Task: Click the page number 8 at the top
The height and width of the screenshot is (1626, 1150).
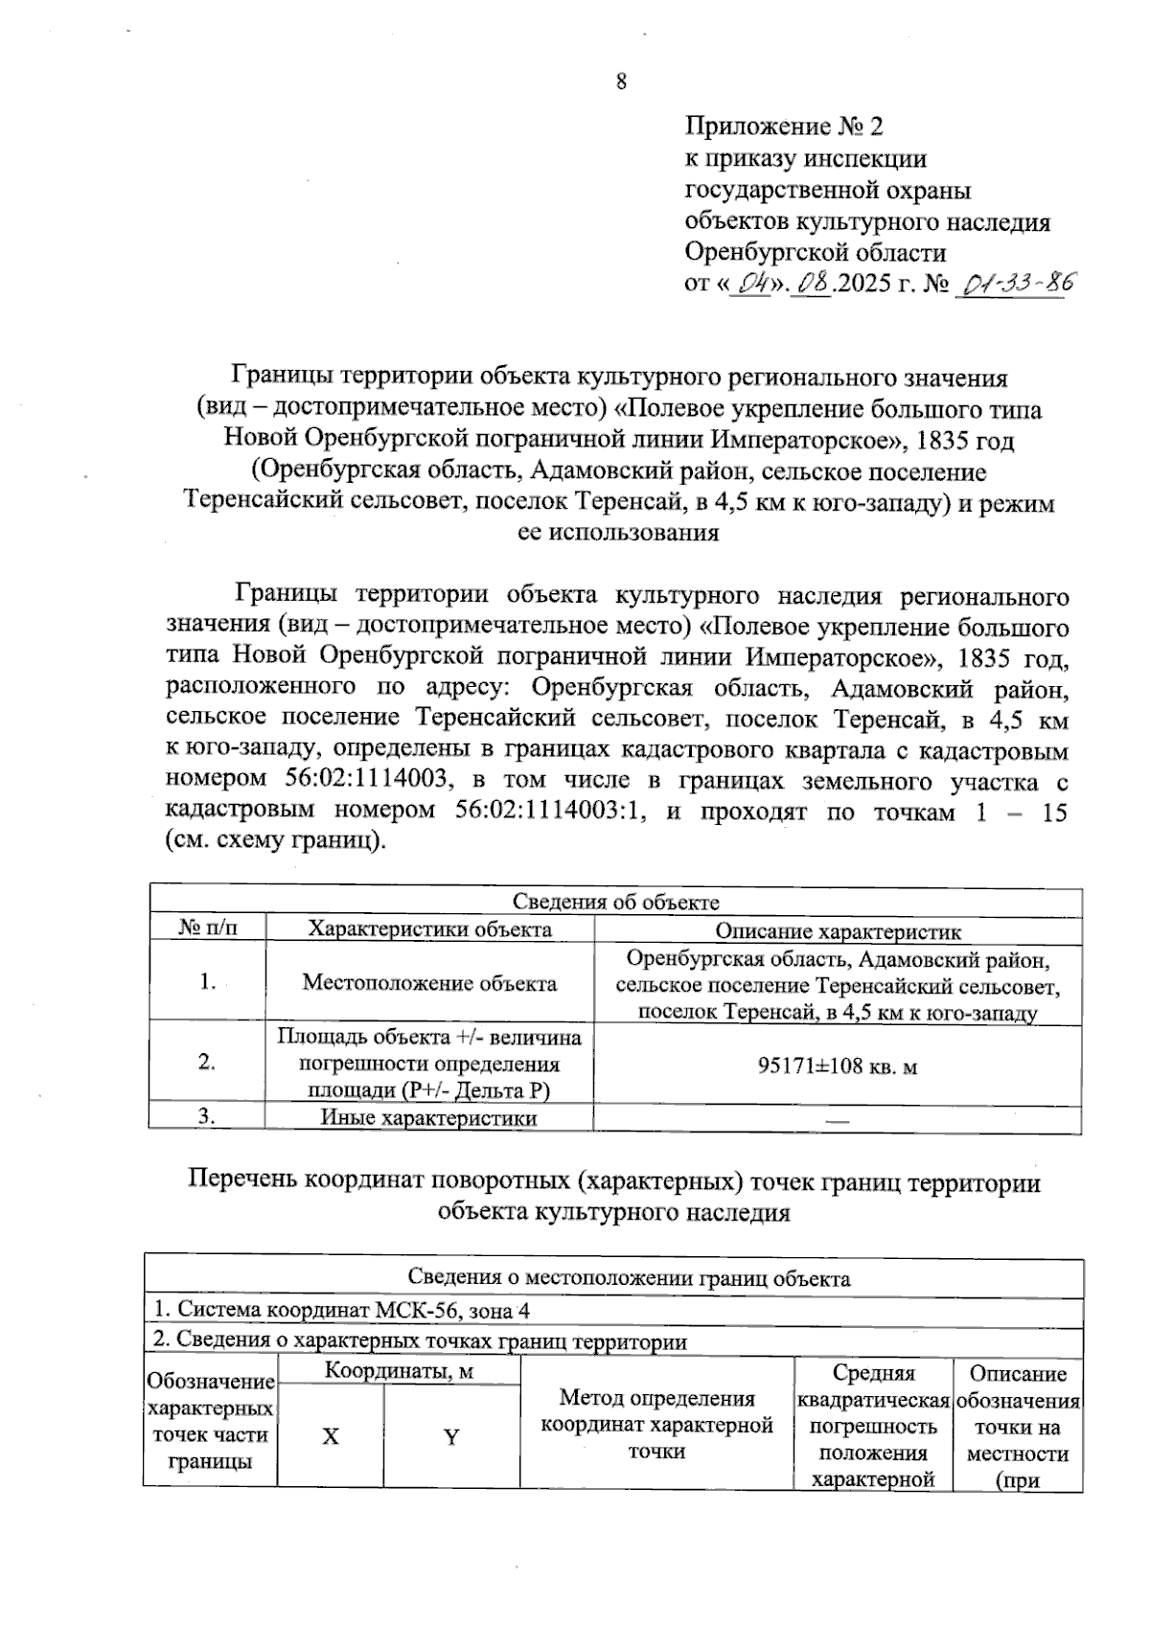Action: coord(621,82)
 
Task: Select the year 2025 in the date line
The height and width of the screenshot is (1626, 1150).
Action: coord(864,285)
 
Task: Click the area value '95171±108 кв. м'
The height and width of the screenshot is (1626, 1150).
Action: coord(838,1065)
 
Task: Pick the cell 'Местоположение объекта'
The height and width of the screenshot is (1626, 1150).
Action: coord(428,983)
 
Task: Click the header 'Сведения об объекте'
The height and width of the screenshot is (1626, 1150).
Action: coord(615,902)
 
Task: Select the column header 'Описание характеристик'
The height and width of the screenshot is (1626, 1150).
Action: coord(838,930)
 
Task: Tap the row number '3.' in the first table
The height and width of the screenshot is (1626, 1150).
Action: coord(207,1117)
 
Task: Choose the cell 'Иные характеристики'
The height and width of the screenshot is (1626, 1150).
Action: coord(428,1118)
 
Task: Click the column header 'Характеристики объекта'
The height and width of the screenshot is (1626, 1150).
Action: coord(428,929)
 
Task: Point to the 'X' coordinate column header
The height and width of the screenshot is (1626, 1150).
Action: coord(330,1436)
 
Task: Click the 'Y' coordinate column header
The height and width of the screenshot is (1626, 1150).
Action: coord(450,1436)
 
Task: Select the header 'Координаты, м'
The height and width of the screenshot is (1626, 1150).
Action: coord(399,1371)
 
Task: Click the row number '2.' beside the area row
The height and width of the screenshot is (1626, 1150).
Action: coord(207,1063)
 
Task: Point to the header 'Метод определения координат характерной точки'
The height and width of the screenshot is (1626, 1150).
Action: coord(656,1425)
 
